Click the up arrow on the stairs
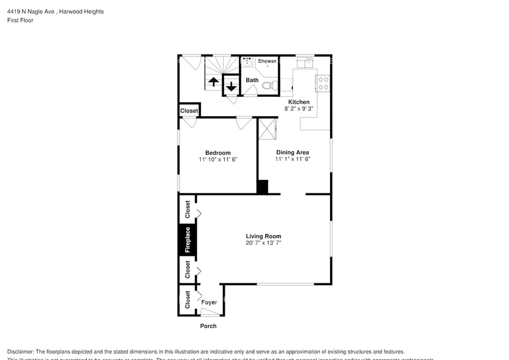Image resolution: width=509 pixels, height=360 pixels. (x=213, y=81)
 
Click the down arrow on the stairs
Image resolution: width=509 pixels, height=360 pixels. (x=231, y=86)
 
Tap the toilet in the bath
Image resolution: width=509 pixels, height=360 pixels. (x=268, y=86)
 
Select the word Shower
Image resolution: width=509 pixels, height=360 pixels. (x=267, y=61)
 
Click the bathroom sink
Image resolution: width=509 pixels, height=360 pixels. (x=248, y=61)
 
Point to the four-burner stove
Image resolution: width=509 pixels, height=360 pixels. (x=323, y=83)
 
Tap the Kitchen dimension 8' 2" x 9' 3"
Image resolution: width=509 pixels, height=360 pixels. (x=299, y=108)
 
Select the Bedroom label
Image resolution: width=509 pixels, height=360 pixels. (x=217, y=152)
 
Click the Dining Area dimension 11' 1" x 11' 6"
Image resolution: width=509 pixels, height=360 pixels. (x=292, y=159)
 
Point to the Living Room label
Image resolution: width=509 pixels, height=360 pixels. (x=263, y=236)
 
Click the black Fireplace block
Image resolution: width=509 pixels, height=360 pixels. (x=187, y=239)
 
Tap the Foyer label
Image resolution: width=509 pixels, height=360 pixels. (x=209, y=302)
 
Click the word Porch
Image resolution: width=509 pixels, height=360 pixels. (x=208, y=326)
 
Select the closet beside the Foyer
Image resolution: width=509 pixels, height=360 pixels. (x=187, y=299)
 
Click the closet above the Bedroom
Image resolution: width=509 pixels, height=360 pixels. (x=189, y=111)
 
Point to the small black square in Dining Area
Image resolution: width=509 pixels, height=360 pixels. (x=262, y=187)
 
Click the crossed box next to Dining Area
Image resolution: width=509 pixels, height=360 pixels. (x=268, y=129)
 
